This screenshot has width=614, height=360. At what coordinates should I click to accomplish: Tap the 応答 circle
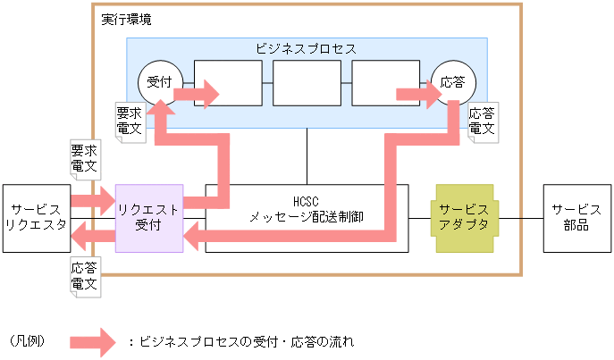tap(453, 83)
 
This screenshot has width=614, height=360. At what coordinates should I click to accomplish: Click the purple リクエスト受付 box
tap(149, 218)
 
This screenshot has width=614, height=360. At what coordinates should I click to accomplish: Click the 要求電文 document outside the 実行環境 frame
tap(84, 158)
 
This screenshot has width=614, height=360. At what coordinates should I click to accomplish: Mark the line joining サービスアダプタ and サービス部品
tap(517, 219)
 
